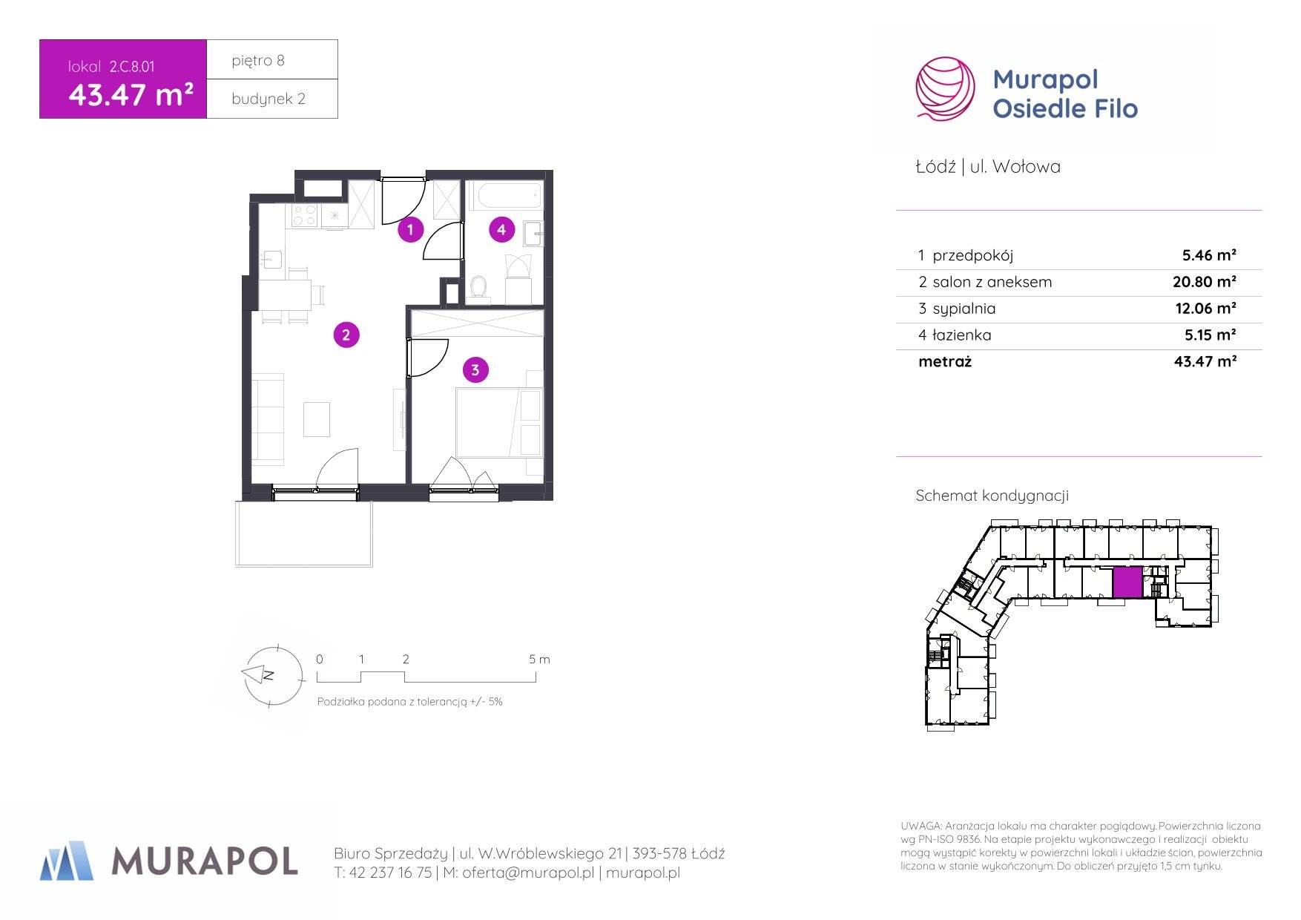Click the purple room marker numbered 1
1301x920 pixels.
click(410, 229)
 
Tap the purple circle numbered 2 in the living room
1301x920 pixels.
click(346, 335)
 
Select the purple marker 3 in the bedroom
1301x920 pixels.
click(475, 369)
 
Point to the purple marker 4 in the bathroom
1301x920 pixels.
click(501, 229)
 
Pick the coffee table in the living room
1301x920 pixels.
click(317, 419)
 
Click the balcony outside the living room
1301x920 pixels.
click(304, 533)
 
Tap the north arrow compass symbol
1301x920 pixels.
click(274, 675)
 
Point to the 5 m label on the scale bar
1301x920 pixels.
click(539, 659)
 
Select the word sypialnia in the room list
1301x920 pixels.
click(964, 309)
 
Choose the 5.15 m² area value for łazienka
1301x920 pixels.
click(1210, 335)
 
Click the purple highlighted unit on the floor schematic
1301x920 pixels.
click(1127, 582)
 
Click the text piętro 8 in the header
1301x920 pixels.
click(257, 61)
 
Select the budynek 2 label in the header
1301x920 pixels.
click(268, 99)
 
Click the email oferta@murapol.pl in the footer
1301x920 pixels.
click(528, 873)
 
